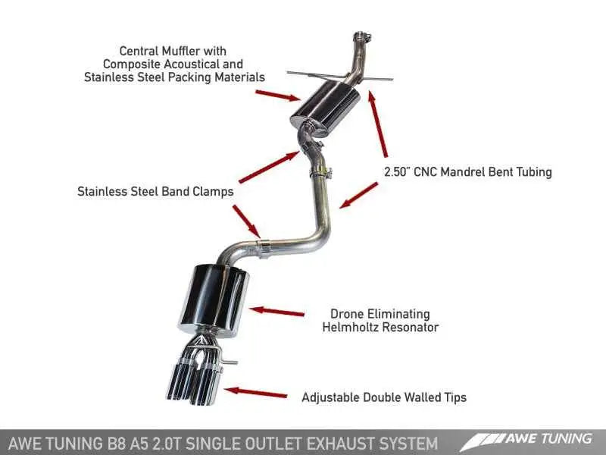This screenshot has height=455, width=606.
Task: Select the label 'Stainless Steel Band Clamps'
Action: [155, 192]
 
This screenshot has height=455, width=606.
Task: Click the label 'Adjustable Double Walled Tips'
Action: [383, 397]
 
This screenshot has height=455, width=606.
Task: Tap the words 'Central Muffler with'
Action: [174, 52]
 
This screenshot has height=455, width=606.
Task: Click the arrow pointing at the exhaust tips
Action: [257, 392]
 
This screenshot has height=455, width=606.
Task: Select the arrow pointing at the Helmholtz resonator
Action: [276, 311]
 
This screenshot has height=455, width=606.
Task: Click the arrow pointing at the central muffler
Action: [277, 94]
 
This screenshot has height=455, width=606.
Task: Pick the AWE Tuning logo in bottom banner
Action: [530, 439]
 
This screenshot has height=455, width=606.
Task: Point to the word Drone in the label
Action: [347, 314]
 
